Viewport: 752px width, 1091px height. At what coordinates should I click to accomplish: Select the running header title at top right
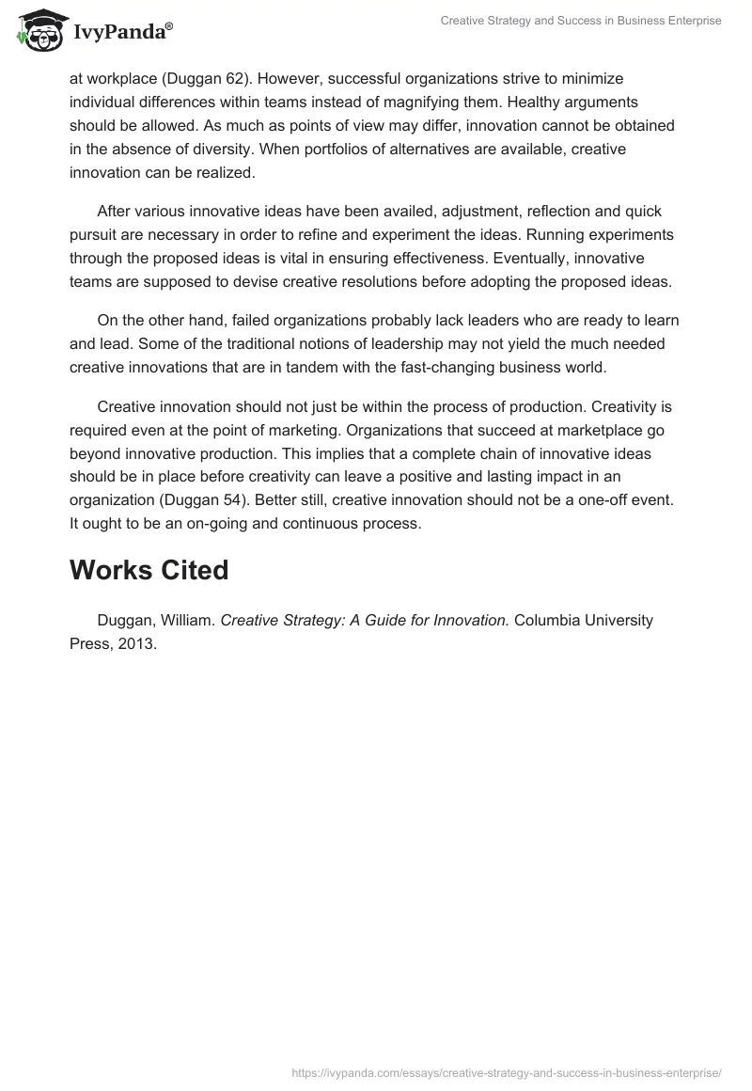click(580, 21)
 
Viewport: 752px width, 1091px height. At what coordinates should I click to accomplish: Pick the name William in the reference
click(187, 621)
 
